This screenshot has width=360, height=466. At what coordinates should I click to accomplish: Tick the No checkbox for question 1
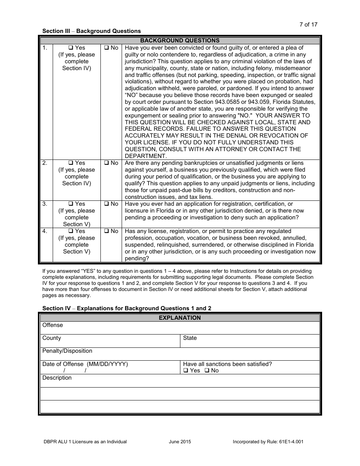coord(106,48)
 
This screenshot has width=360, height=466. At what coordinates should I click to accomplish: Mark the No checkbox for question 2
coord(106,163)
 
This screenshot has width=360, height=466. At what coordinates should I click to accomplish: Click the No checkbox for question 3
coord(106,204)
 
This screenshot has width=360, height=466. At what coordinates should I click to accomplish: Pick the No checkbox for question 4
coord(106,231)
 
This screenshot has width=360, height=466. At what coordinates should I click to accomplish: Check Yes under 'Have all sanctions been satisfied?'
coord(185,371)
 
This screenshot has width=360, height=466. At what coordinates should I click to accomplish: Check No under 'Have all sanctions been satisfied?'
coord(207,371)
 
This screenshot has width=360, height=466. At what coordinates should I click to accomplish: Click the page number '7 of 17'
coord(308,25)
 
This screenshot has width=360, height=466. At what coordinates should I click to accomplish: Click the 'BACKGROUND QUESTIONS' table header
coord(180,41)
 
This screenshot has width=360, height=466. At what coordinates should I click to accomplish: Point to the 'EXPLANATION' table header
coord(180,318)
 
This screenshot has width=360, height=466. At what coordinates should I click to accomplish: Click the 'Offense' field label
coord(53,325)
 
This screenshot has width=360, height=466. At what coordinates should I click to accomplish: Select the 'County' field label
coord(52,338)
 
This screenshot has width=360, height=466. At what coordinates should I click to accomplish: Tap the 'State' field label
coord(190,338)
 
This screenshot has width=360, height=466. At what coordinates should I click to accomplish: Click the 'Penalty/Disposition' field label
coord(67,351)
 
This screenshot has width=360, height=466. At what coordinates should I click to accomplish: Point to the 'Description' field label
coord(57,378)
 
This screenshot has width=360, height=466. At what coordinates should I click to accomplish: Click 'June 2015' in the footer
coord(180,442)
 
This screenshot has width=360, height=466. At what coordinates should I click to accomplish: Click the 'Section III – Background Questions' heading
coord(91,31)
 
